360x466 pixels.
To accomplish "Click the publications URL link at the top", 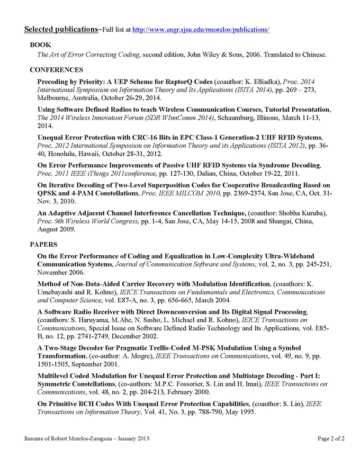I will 201,30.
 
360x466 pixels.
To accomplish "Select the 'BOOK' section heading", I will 41,45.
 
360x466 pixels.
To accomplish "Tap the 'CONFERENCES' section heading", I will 57,69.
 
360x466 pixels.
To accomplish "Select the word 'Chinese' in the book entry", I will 312,54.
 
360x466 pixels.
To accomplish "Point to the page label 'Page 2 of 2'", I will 331,438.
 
